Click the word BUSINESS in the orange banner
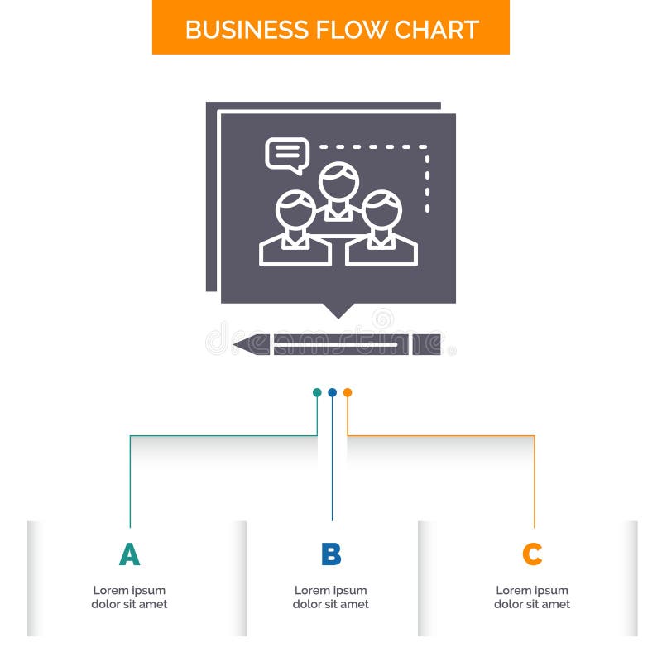tap(236, 29)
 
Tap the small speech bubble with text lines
tap(286, 154)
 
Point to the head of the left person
tap(295, 211)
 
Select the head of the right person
tap(381, 211)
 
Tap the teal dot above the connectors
tap(317, 392)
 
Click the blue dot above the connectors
tap(332, 392)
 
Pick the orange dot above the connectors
tap(348, 392)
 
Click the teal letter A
tap(129, 554)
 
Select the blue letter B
tap(331, 554)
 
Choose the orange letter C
tap(532, 554)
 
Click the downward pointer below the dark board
tap(338, 310)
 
